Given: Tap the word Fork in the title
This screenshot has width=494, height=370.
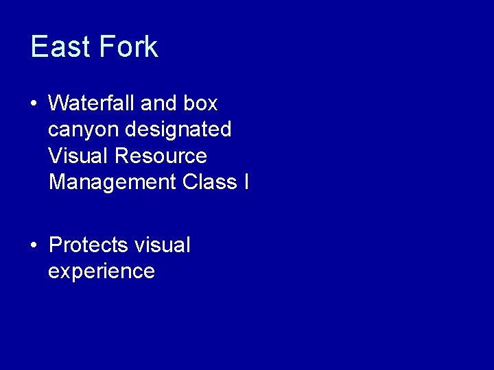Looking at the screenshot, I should coord(128,47).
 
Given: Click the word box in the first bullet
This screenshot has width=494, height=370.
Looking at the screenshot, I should coord(200,103).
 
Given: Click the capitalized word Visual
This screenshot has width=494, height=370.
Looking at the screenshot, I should coord(79,156).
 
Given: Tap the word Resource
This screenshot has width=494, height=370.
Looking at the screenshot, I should coord(161,156).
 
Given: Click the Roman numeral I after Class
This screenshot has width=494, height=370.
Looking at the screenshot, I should coord(246,182).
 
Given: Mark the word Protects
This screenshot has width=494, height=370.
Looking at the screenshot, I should coord(89,245).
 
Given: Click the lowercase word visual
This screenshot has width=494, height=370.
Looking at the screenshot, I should coord(163,245).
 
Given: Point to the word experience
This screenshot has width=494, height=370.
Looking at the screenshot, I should coord(102,271).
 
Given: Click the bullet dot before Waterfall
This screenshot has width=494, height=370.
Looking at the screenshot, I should coord(34,104).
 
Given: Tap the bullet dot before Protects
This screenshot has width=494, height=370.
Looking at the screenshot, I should coord(34,245).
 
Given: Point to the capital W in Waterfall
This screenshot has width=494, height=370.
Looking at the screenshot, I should coord(58,103).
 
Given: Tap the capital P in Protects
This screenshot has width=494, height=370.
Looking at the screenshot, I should coord(55,245).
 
